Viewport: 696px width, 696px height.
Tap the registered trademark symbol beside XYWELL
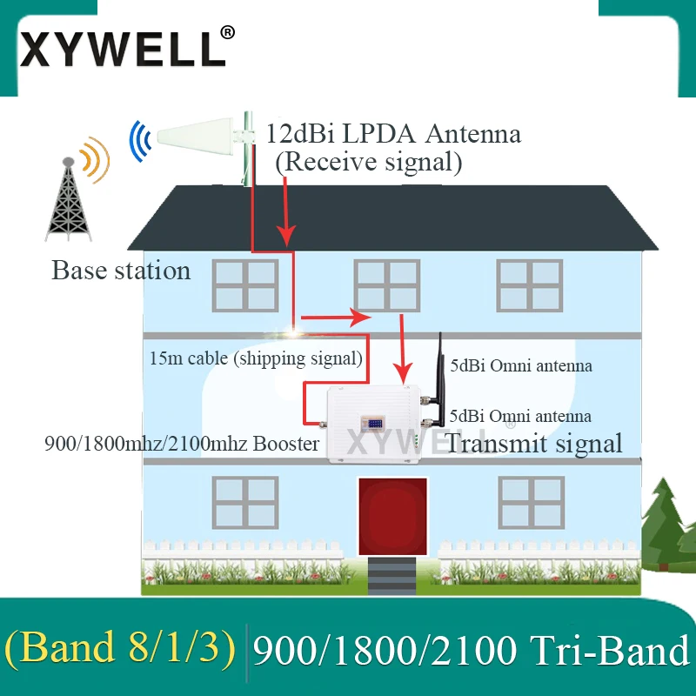pos(227,31)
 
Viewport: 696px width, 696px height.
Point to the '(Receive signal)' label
pos(368,162)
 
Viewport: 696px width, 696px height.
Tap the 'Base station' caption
pos(121,271)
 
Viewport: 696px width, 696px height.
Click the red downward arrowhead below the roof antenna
pos(285,235)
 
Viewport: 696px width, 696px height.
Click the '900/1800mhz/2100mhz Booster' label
pos(182,443)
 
